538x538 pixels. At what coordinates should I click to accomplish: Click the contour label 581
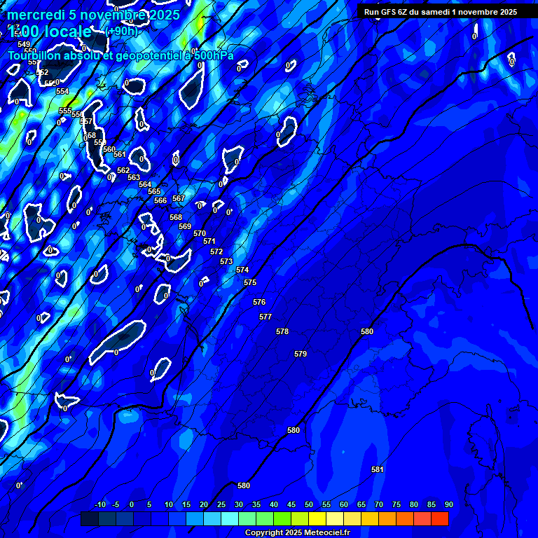(378, 469)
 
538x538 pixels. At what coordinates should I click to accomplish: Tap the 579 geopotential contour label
(301, 354)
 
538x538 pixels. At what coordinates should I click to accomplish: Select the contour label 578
(282, 331)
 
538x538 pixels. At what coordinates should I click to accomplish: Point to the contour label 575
(250, 282)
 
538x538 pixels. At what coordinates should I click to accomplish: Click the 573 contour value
(226, 261)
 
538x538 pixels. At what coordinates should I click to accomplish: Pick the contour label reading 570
(200, 233)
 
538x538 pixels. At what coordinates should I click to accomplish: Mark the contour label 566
(160, 200)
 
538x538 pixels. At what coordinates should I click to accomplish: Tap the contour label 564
(145, 184)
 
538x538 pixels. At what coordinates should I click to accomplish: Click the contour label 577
(265, 317)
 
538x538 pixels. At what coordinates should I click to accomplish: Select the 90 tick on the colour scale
(448, 504)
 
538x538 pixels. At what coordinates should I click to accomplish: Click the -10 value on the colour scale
(100, 504)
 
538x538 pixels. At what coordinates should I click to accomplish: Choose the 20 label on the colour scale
(204, 504)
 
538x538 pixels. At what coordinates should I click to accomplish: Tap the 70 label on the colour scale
(379, 504)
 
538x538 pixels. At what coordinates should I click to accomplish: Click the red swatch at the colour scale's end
(439, 518)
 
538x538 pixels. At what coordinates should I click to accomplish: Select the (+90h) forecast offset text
(122, 32)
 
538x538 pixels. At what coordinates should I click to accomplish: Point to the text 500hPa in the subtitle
(214, 55)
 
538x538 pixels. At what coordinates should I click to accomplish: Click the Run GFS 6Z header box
(441, 12)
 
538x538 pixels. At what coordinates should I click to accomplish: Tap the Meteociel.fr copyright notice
(297, 532)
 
